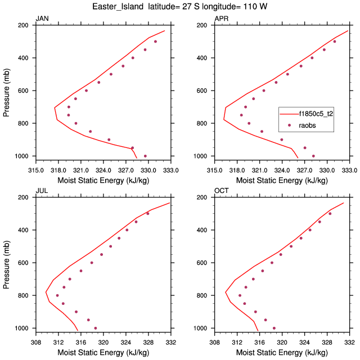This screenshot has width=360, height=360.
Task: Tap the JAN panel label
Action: coord(42,19)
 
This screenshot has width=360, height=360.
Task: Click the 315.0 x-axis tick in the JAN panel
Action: coord(35,169)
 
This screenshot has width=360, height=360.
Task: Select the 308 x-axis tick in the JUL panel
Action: coord(35,341)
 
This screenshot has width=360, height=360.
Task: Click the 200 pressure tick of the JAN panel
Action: coord(25,25)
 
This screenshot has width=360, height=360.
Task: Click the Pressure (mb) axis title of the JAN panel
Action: coord(7,91)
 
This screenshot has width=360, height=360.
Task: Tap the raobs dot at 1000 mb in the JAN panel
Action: coord(145,156)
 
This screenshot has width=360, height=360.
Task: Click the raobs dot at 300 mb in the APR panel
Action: coord(334,41)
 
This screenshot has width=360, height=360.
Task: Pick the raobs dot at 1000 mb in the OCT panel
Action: coord(274,328)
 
